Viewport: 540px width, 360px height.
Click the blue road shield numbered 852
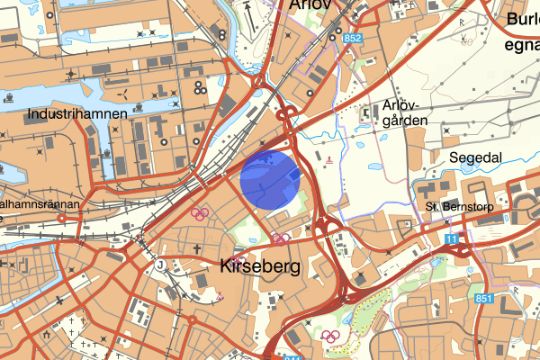pos(352,39)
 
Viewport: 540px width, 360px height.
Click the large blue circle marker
pos(270,178)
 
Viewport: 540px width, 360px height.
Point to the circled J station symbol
pos(159,265)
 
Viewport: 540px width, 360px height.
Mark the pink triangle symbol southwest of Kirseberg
pos(219,296)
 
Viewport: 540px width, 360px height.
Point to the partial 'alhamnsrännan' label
pos(40,205)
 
